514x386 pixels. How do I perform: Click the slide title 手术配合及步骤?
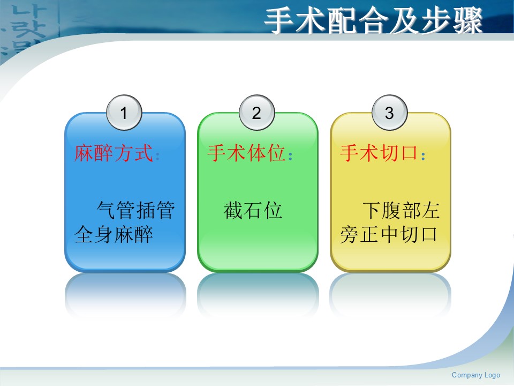[373, 20]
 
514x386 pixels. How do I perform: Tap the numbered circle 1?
[124, 113]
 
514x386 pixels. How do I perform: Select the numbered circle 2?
[256, 113]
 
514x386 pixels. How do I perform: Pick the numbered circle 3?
[389, 113]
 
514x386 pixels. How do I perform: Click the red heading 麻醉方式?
[114, 153]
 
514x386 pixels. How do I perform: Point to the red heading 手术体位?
[246, 153]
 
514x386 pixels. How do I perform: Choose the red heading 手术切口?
[379, 153]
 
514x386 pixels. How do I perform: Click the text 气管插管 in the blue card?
[135, 210]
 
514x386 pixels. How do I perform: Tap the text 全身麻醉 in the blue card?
[114, 234]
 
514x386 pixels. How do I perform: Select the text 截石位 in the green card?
[253, 210]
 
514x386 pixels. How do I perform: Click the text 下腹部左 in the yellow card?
[401, 210]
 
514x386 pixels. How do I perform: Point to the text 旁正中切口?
[389, 234]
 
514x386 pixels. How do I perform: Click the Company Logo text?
[475, 375]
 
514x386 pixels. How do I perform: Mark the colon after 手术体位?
[290, 155]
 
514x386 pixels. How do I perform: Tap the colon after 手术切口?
[423, 155]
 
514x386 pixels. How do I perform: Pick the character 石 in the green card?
[253, 210]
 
